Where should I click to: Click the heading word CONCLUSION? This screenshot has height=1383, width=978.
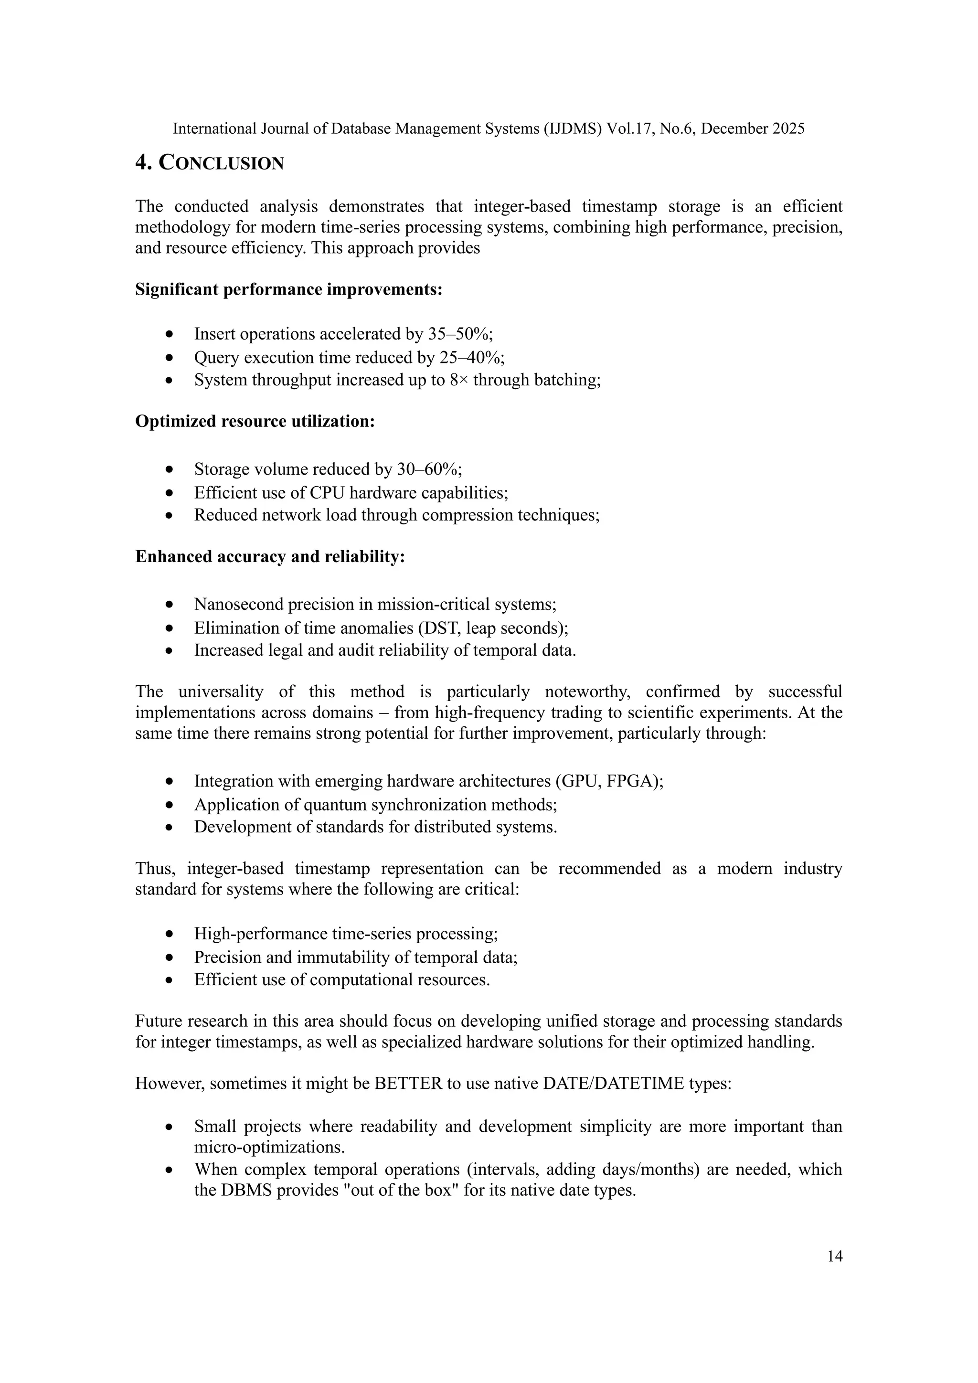[x=221, y=164]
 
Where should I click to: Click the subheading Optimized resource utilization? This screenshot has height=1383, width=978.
[x=255, y=422]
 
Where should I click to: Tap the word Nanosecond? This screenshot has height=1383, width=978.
[x=238, y=604]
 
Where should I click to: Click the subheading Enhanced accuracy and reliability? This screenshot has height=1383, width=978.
[x=269, y=556]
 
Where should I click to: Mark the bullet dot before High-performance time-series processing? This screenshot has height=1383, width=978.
[x=170, y=934]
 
